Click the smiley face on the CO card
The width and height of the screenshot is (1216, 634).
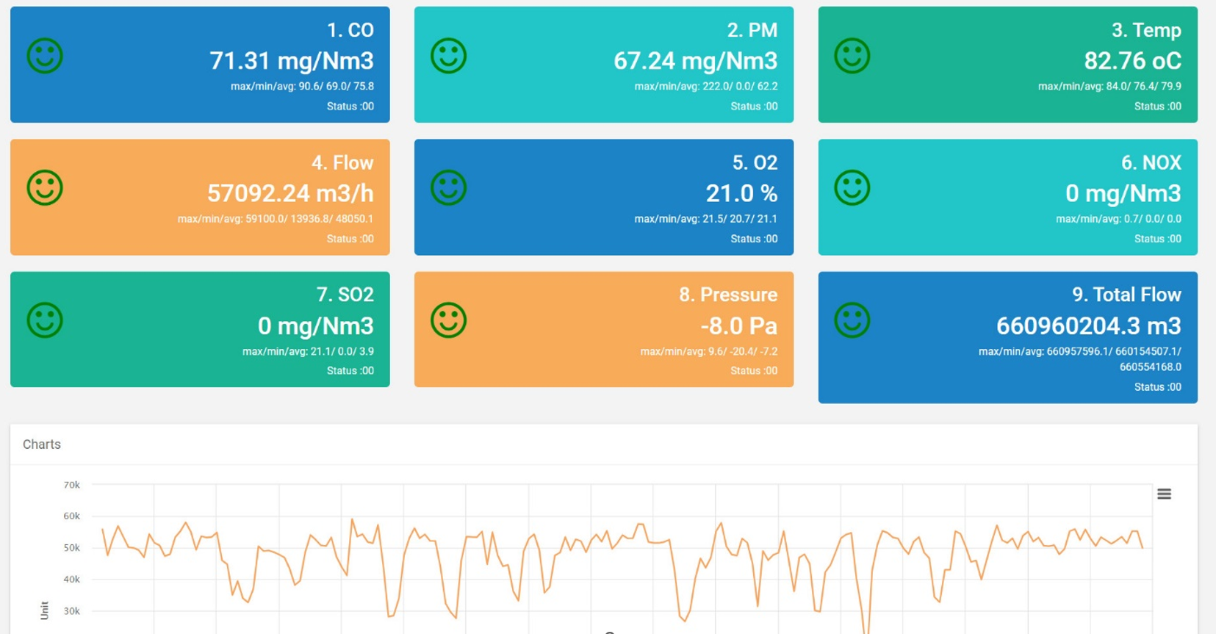[45, 56]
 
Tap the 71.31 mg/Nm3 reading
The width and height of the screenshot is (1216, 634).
[291, 61]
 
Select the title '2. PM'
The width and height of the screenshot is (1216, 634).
[752, 30]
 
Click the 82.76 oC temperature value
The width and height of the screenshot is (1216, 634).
[1132, 61]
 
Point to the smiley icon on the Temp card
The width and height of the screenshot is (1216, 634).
[852, 56]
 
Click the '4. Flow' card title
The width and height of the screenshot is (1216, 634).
[342, 162]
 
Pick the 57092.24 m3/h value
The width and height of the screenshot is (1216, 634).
[290, 194]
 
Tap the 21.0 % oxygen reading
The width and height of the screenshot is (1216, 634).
[741, 194]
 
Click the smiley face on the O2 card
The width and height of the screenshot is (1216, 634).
[448, 188]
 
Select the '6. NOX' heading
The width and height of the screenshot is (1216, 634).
[1151, 162]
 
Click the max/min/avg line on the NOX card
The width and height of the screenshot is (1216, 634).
[1118, 219]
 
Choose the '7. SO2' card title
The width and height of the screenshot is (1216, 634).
[345, 295]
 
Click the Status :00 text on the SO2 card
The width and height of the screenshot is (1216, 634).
[350, 371]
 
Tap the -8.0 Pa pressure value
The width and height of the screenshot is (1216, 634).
[738, 326]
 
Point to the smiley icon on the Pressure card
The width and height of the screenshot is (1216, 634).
[448, 320]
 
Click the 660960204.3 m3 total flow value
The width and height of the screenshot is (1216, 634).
[1088, 326]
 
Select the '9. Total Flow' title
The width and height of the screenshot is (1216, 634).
[1126, 295]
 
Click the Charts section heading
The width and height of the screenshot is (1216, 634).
[42, 444]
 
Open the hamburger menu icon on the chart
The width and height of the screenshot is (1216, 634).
[1164, 494]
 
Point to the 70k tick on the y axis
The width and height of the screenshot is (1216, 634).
[71, 485]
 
